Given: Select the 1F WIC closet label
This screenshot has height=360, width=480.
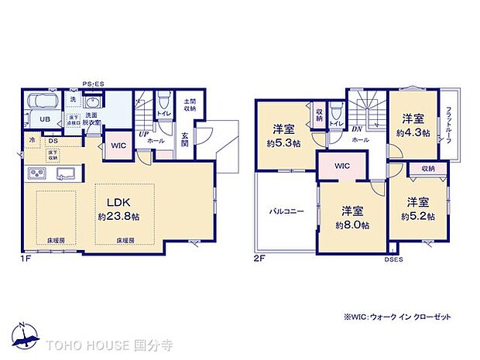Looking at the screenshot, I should tap(118, 144).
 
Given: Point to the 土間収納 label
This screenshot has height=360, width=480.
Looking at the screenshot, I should tap(190, 105).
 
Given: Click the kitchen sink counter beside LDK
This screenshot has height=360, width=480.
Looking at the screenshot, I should tap(50, 173).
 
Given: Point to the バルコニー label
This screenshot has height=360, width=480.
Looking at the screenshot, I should tap(286, 210).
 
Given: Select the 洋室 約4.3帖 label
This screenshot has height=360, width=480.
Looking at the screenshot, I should tap(412, 125).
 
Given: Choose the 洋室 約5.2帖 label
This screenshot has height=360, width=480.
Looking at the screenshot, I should tap(419, 208).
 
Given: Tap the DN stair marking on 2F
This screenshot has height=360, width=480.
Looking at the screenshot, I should tap(357, 129).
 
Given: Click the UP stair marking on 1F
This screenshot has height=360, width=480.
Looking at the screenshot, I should tap(144, 134).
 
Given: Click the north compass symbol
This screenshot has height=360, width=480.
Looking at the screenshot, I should tap(26, 334).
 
